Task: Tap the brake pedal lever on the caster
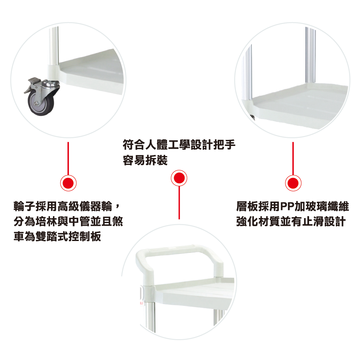point(30,85)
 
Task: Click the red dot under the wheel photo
point(68,183)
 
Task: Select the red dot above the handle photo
point(179,178)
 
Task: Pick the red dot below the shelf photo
point(293,183)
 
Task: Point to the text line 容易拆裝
point(145,160)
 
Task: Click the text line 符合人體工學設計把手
point(179,145)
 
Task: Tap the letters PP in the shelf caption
point(287,206)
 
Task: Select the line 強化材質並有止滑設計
point(291,221)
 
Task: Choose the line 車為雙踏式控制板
point(57,236)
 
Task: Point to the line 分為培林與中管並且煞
point(68,221)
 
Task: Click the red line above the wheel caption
point(68,158)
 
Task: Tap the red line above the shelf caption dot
point(293,158)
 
